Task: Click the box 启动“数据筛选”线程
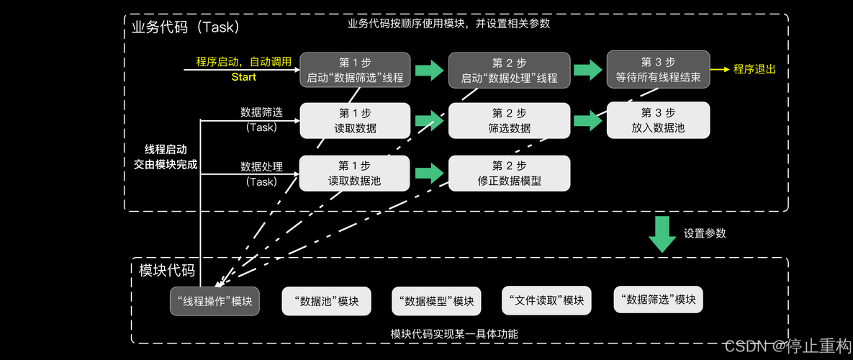click(x=355, y=70)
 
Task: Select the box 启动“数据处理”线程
click(x=509, y=70)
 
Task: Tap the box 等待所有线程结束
click(x=658, y=69)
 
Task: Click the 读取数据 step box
click(x=355, y=121)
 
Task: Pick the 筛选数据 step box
click(x=509, y=121)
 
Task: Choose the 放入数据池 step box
click(x=658, y=120)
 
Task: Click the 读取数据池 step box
click(x=355, y=174)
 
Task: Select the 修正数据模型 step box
click(x=509, y=174)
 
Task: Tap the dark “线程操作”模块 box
click(x=215, y=301)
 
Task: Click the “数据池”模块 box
click(x=326, y=301)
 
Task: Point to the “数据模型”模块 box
click(x=436, y=301)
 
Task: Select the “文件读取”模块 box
click(x=546, y=300)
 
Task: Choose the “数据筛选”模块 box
click(x=658, y=299)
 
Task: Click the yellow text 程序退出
click(x=754, y=69)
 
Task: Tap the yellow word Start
click(x=243, y=77)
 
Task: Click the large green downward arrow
click(x=662, y=234)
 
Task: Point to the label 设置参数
click(x=705, y=233)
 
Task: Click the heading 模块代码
click(x=166, y=271)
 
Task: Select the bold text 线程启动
click(x=166, y=150)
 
